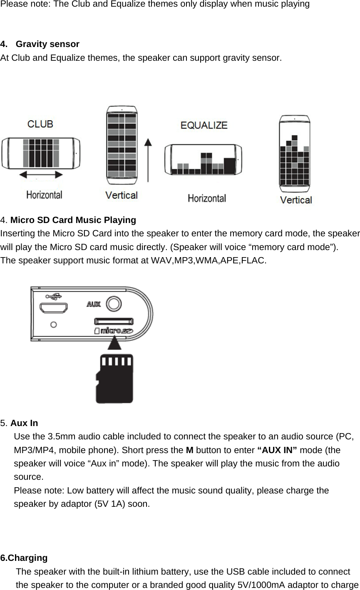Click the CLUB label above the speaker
[40, 124]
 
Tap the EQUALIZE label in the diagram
[204, 125]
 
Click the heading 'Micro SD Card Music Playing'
[73, 220]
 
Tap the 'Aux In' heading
[24, 423]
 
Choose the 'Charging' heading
[27, 558]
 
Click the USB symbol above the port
[54, 296]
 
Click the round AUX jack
[114, 303]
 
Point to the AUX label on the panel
[94, 304]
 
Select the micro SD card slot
[113, 321]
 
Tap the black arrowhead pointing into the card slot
[114, 343]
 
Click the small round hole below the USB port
[53, 324]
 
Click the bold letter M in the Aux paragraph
[189, 450]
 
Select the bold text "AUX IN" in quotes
[277, 450]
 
